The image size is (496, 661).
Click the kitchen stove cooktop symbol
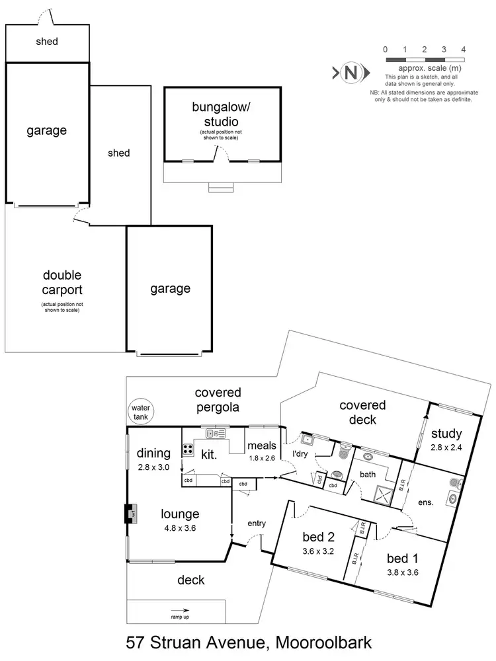pyautogui.click(x=188, y=450)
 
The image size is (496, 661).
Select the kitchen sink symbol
pyautogui.click(x=216, y=434)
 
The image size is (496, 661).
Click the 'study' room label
pyautogui.click(x=446, y=434)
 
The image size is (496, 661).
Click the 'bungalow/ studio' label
pyautogui.click(x=216, y=114)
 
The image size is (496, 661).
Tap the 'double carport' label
pyautogui.click(x=63, y=281)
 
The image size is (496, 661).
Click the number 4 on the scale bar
pyautogui.click(x=464, y=50)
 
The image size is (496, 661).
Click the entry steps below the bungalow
pyautogui.click(x=220, y=188)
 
